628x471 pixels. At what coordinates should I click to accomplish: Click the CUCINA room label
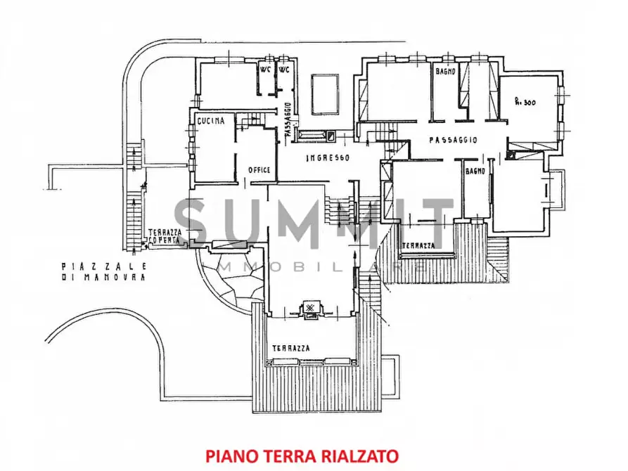coord(211,121)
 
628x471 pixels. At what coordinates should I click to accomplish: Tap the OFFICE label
coord(259,169)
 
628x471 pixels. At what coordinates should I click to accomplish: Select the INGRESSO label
coord(327,157)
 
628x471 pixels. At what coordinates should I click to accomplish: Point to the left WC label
coord(265,70)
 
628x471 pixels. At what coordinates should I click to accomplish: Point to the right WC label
coord(284,70)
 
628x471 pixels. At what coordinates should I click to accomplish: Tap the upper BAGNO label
coord(445,72)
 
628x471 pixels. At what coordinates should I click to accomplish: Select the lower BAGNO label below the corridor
coord(475,170)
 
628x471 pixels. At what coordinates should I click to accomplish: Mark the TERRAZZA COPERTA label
coord(165,236)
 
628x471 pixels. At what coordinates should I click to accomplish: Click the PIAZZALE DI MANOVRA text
coord(103,272)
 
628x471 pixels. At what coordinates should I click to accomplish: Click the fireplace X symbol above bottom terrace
coord(310,308)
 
